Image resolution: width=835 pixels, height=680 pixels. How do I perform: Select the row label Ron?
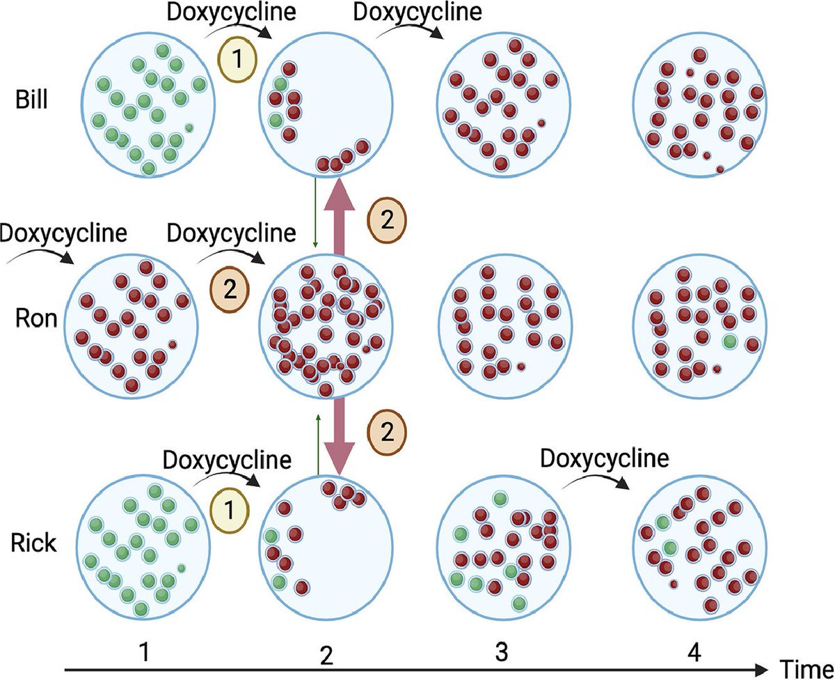point(31,319)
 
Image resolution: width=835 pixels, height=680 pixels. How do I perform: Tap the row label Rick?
point(33,542)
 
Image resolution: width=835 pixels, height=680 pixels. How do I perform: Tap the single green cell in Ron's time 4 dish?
point(729,342)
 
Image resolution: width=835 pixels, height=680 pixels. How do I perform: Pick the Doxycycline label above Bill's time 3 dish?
point(417,13)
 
